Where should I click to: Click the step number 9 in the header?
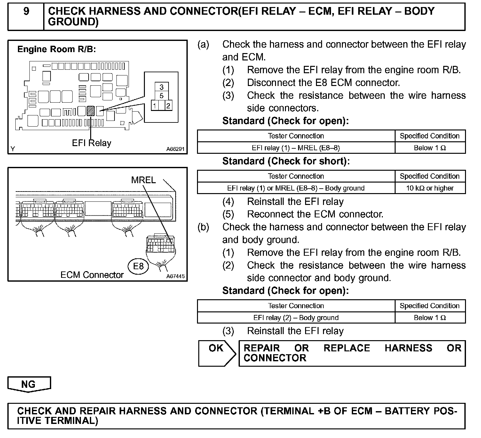click(x=26, y=12)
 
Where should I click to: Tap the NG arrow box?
click(x=29, y=384)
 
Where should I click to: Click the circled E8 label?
click(x=138, y=266)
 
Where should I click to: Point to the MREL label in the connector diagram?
click(x=143, y=180)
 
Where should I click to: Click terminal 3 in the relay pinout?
click(x=162, y=87)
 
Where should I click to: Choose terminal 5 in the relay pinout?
click(x=162, y=96)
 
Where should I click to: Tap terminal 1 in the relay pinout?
click(x=155, y=106)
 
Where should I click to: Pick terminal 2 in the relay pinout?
click(x=168, y=106)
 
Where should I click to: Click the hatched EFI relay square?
click(x=91, y=111)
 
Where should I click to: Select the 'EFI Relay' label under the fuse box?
click(x=91, y=143)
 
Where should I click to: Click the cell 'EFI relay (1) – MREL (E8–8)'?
click(x=296, y=148)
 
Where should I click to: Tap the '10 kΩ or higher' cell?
click(x=430, y=188)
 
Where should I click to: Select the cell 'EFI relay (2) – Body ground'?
click(x=296, y=317)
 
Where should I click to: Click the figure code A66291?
click(x=175, y=149)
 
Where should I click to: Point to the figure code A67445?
click(x=175, y=277)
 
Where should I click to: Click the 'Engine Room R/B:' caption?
click(x=57, y=49)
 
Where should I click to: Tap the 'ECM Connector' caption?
click(x=92, y=275)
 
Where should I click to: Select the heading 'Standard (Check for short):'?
click(x=286, y=161)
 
